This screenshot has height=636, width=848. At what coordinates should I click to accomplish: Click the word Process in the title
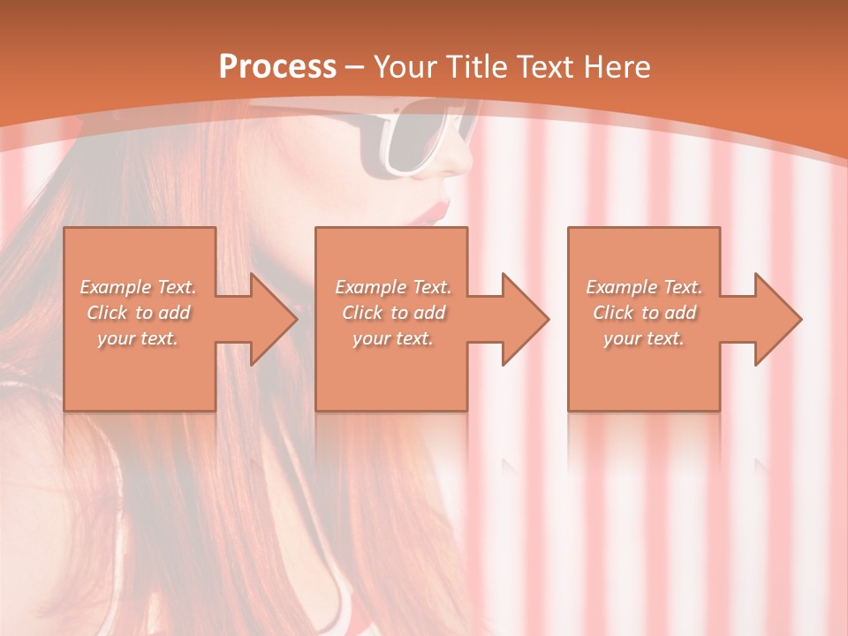277,67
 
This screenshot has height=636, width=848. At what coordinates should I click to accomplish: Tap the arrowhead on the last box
776,319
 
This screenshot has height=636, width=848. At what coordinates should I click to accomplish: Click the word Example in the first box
115,287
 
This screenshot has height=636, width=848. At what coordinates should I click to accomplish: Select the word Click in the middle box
361,313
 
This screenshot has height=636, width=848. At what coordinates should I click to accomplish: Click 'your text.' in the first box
138,338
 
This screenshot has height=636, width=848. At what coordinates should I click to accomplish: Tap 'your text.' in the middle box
392,338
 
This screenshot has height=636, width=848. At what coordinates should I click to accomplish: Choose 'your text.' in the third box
644,338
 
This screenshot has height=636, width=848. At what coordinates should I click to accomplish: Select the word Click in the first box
106,313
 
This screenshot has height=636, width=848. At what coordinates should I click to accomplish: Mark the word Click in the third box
612,313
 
